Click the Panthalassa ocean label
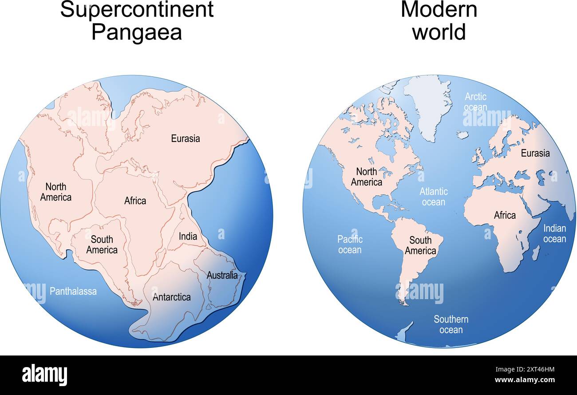pos(73,291)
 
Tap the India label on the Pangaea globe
pos(188,237)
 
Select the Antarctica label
pos(172,297)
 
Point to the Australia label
pos(222,275)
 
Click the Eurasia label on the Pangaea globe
pos(186,138)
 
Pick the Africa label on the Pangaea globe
pos(135,201)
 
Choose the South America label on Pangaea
pos(102,245)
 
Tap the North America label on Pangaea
pos(55,192)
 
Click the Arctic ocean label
pos(475,102)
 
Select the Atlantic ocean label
pos(434,197)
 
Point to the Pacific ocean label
pos(350,245)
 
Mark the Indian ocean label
pos(554,233)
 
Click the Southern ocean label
pos(451,324)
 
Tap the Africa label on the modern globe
pos(505,215)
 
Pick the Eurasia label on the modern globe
pos(535,153)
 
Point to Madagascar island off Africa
pos(536,253)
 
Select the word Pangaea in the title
pos(136,32)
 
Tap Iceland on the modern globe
pos(462,134)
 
